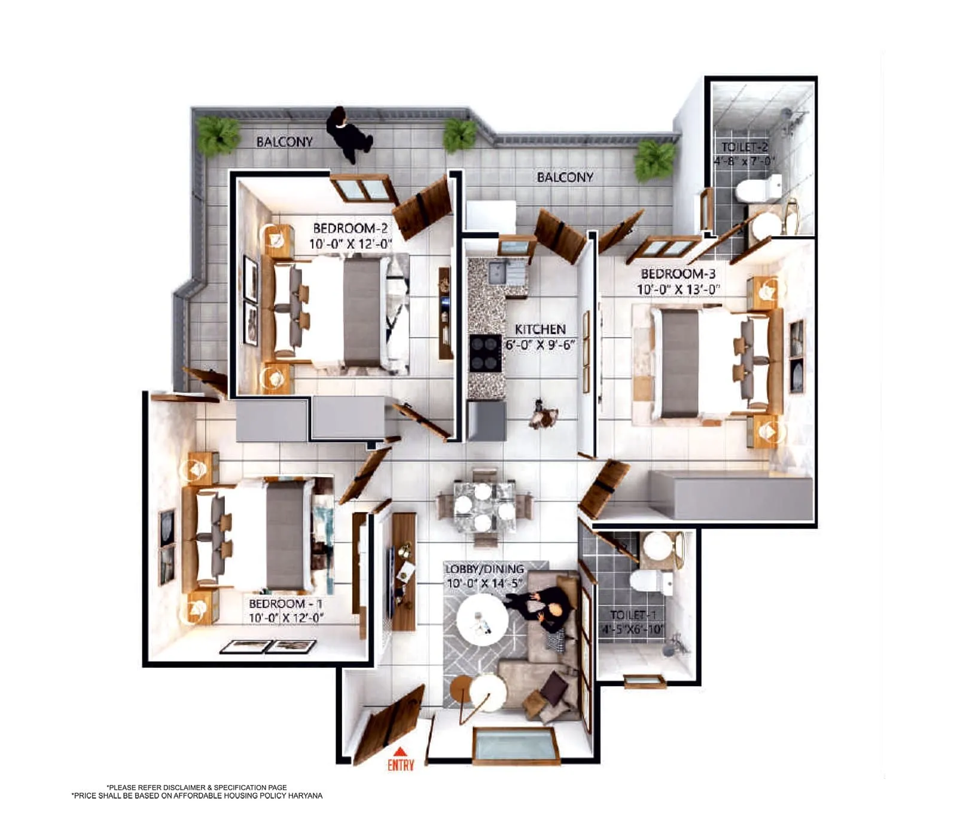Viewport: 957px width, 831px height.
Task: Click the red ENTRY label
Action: click(400, 765)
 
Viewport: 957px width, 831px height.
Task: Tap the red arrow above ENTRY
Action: click(400, 751)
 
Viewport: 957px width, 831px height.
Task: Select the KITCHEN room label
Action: click(540, 329)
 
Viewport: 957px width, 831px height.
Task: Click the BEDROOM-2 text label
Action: click(350, 228)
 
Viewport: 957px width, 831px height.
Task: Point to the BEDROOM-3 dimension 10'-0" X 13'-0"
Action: click(678, 289)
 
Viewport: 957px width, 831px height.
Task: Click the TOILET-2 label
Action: click(744, 146)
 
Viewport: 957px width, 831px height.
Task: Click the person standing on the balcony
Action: click(348, 135)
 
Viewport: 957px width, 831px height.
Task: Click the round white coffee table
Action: click(482, 620)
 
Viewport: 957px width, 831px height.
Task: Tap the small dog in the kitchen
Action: click(543, 414)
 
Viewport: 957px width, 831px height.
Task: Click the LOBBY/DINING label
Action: click(484, 569)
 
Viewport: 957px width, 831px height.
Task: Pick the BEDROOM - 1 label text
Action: click(285, 604)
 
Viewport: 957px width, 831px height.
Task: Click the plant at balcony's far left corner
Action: click(218, 134)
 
